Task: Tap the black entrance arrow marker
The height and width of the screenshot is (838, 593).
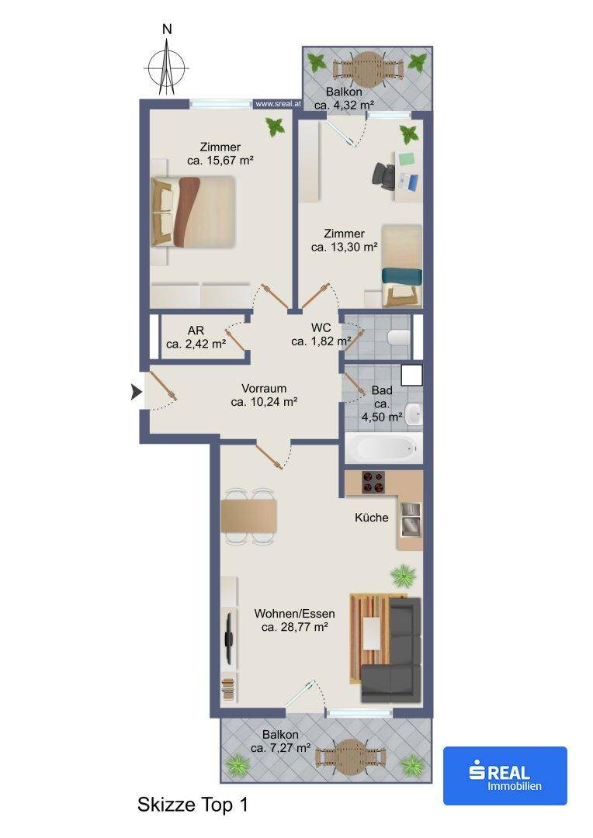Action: pos(137,393)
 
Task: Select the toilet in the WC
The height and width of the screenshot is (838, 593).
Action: pos(398,338)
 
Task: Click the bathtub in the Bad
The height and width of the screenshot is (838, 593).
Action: pos(384,448)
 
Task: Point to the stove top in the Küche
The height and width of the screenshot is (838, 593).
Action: pos(374,482)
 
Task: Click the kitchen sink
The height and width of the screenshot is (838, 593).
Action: pos(410,518)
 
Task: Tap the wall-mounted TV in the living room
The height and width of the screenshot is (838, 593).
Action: pos(229,637)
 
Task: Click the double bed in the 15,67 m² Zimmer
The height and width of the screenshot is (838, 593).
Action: pos(193,212)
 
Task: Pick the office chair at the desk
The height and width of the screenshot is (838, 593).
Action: pos(384,175)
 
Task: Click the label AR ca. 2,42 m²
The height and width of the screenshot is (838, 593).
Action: pos(196,338)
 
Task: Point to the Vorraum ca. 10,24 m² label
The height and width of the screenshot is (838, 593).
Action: pos(264,396)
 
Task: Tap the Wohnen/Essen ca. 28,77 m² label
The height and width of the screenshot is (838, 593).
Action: pos(295,621)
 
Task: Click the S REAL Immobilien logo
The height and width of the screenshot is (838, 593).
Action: pos(505,775)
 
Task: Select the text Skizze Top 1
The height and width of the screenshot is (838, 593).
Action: pos(193,805)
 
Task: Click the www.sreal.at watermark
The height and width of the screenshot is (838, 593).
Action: pos(278,104)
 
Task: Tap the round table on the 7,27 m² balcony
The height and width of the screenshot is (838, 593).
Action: pos(350,757)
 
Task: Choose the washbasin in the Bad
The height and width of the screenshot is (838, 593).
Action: pos(414,414)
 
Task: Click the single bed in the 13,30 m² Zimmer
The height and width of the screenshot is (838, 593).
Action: pos(402,265)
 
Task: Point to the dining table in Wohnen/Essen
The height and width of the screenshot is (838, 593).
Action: pos(249,516)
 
